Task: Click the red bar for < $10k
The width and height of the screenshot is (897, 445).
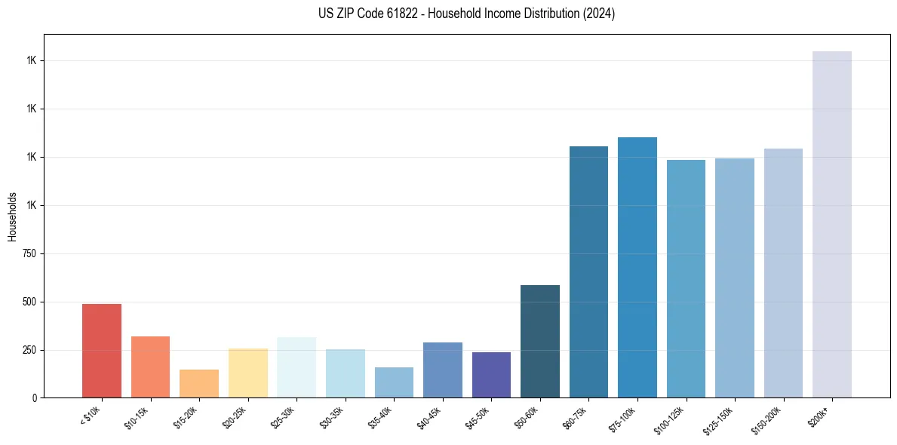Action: [101, 351]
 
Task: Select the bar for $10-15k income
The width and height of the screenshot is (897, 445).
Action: [150, 367]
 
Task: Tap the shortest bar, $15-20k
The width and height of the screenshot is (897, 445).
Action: [199, 383]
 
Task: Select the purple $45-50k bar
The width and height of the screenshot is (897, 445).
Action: [491, 375]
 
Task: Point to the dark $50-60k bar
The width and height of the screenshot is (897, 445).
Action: [540, 341]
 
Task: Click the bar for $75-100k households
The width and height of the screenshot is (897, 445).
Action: [637, 267]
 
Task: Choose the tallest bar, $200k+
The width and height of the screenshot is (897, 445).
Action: [832, 224]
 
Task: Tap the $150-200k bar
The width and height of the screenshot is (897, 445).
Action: [783, 273]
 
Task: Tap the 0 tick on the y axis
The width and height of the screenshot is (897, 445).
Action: [38, 397]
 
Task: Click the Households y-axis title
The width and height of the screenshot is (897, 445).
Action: [12, 216]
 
